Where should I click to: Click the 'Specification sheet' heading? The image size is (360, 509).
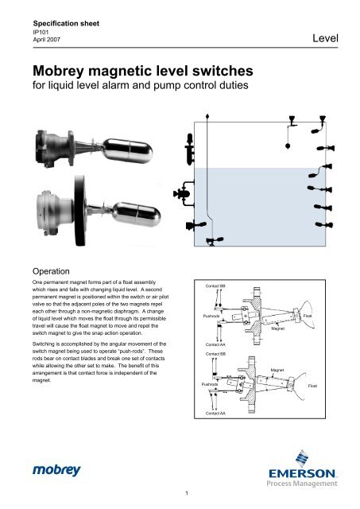coord(66,23)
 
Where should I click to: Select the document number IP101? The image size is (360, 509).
coord(41,32)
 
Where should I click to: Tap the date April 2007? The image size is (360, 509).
coord(47,40)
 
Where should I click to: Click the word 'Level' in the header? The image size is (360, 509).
coord(325,38)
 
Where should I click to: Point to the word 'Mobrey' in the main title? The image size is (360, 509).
coord(58,72)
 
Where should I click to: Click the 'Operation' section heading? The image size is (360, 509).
coord(51,271)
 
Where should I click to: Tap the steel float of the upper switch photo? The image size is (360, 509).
coord(128,150)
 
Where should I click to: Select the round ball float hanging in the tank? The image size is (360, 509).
coord(288,146)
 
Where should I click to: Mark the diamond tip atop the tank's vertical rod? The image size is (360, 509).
coord(207,115)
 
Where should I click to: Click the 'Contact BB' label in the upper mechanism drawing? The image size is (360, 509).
coord(215,286)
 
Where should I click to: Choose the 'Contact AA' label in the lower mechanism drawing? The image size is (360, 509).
coord(215,414)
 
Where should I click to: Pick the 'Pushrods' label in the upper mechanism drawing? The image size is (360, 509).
coord(211,316)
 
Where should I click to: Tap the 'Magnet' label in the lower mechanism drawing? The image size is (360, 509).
coord(277,370)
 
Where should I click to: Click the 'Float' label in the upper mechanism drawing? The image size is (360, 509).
coord(308,316)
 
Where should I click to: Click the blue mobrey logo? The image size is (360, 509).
coord(56,470)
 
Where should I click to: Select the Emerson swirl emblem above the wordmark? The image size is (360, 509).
coord(302,458)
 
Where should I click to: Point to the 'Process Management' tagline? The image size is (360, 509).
coord(302,484)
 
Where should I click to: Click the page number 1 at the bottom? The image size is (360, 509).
coord(187,493)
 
